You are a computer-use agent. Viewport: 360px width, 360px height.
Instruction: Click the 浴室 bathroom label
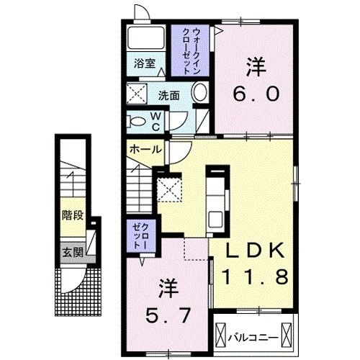click(145, 63)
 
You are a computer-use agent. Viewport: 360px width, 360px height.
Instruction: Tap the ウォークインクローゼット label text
click(191, 50)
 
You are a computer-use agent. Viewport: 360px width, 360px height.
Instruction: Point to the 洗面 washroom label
click(169, 94)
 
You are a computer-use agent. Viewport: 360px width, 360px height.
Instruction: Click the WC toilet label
click(155, 121)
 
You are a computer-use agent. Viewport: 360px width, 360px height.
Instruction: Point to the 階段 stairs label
click(71, 215)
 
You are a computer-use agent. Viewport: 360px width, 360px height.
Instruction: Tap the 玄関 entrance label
click(71, 253)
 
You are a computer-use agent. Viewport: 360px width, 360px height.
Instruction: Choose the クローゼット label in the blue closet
click(137, 235)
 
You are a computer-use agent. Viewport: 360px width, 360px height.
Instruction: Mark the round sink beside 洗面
click(201, 93)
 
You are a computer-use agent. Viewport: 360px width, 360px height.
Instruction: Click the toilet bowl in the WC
click(136, 120)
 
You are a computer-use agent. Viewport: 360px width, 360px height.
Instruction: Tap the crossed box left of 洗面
click(138, 93)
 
